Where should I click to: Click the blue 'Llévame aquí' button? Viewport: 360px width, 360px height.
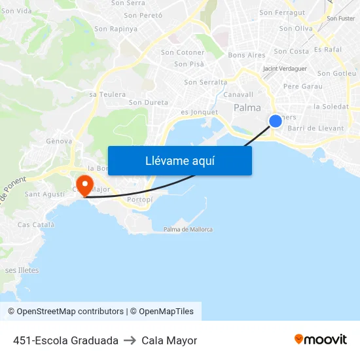point(179,160)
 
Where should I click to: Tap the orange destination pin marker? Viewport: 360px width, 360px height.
point(84,184)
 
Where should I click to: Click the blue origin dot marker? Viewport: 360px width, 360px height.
point(276,120)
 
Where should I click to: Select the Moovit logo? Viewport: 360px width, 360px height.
point(320,340)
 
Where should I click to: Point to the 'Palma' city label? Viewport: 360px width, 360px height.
point(247,108)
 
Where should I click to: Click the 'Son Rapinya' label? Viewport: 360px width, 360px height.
point(116,29)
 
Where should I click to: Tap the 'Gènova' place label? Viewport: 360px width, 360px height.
point(59,141)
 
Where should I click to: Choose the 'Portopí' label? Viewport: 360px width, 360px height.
point(139,200)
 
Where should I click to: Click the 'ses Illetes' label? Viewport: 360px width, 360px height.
point(22,270)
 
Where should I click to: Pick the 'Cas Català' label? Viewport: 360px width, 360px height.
point(36,225)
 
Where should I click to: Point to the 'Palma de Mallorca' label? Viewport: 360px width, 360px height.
point(188,229)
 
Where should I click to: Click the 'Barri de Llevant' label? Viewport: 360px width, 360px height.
point(315,128)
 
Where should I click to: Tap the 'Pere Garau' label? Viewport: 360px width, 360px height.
point(303,86)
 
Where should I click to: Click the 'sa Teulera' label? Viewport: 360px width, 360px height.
point(107,94)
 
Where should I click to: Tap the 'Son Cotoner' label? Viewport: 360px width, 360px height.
point(183,52)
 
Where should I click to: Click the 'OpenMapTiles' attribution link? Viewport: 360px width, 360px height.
point(166,312)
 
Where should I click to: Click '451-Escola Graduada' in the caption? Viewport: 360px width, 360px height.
point(65,340)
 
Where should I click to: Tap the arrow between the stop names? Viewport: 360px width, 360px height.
point(130,340)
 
